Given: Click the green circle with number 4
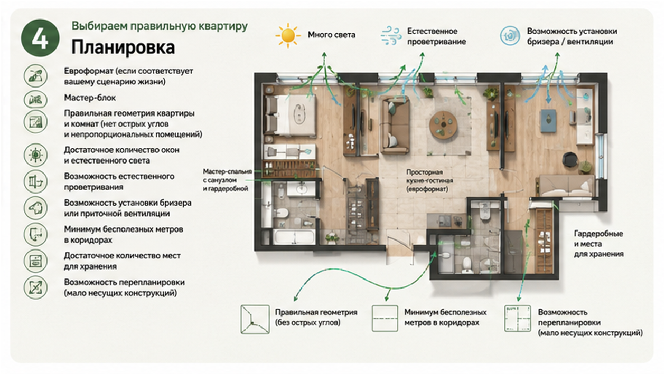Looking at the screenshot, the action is (40, 38).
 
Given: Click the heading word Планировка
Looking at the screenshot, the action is (123, 47).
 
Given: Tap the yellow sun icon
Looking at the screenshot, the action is (287, 35).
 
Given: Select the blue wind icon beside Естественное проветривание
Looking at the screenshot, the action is (391, 35).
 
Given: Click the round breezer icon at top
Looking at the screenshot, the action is (510, 36).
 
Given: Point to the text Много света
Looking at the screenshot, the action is (331, 35).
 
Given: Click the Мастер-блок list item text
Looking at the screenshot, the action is (90, 98).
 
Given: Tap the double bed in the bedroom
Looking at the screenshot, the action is (290, 115).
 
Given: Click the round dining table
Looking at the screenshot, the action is (443, 124).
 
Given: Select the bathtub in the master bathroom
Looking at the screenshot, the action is (294, 237).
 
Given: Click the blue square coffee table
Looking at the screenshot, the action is (548, 120).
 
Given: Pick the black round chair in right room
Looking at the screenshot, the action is (570, 159).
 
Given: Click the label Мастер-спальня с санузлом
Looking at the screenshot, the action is (227, 176).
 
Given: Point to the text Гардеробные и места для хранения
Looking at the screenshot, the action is (598, 244).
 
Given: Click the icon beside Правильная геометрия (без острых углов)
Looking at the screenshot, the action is (255, 319).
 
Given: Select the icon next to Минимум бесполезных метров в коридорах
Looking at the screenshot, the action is (385, 319).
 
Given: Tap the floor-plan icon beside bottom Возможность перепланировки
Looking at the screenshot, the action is (518, 319).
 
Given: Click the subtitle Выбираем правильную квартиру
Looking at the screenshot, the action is (160, 26).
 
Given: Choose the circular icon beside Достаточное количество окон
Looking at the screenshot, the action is (35, 155).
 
